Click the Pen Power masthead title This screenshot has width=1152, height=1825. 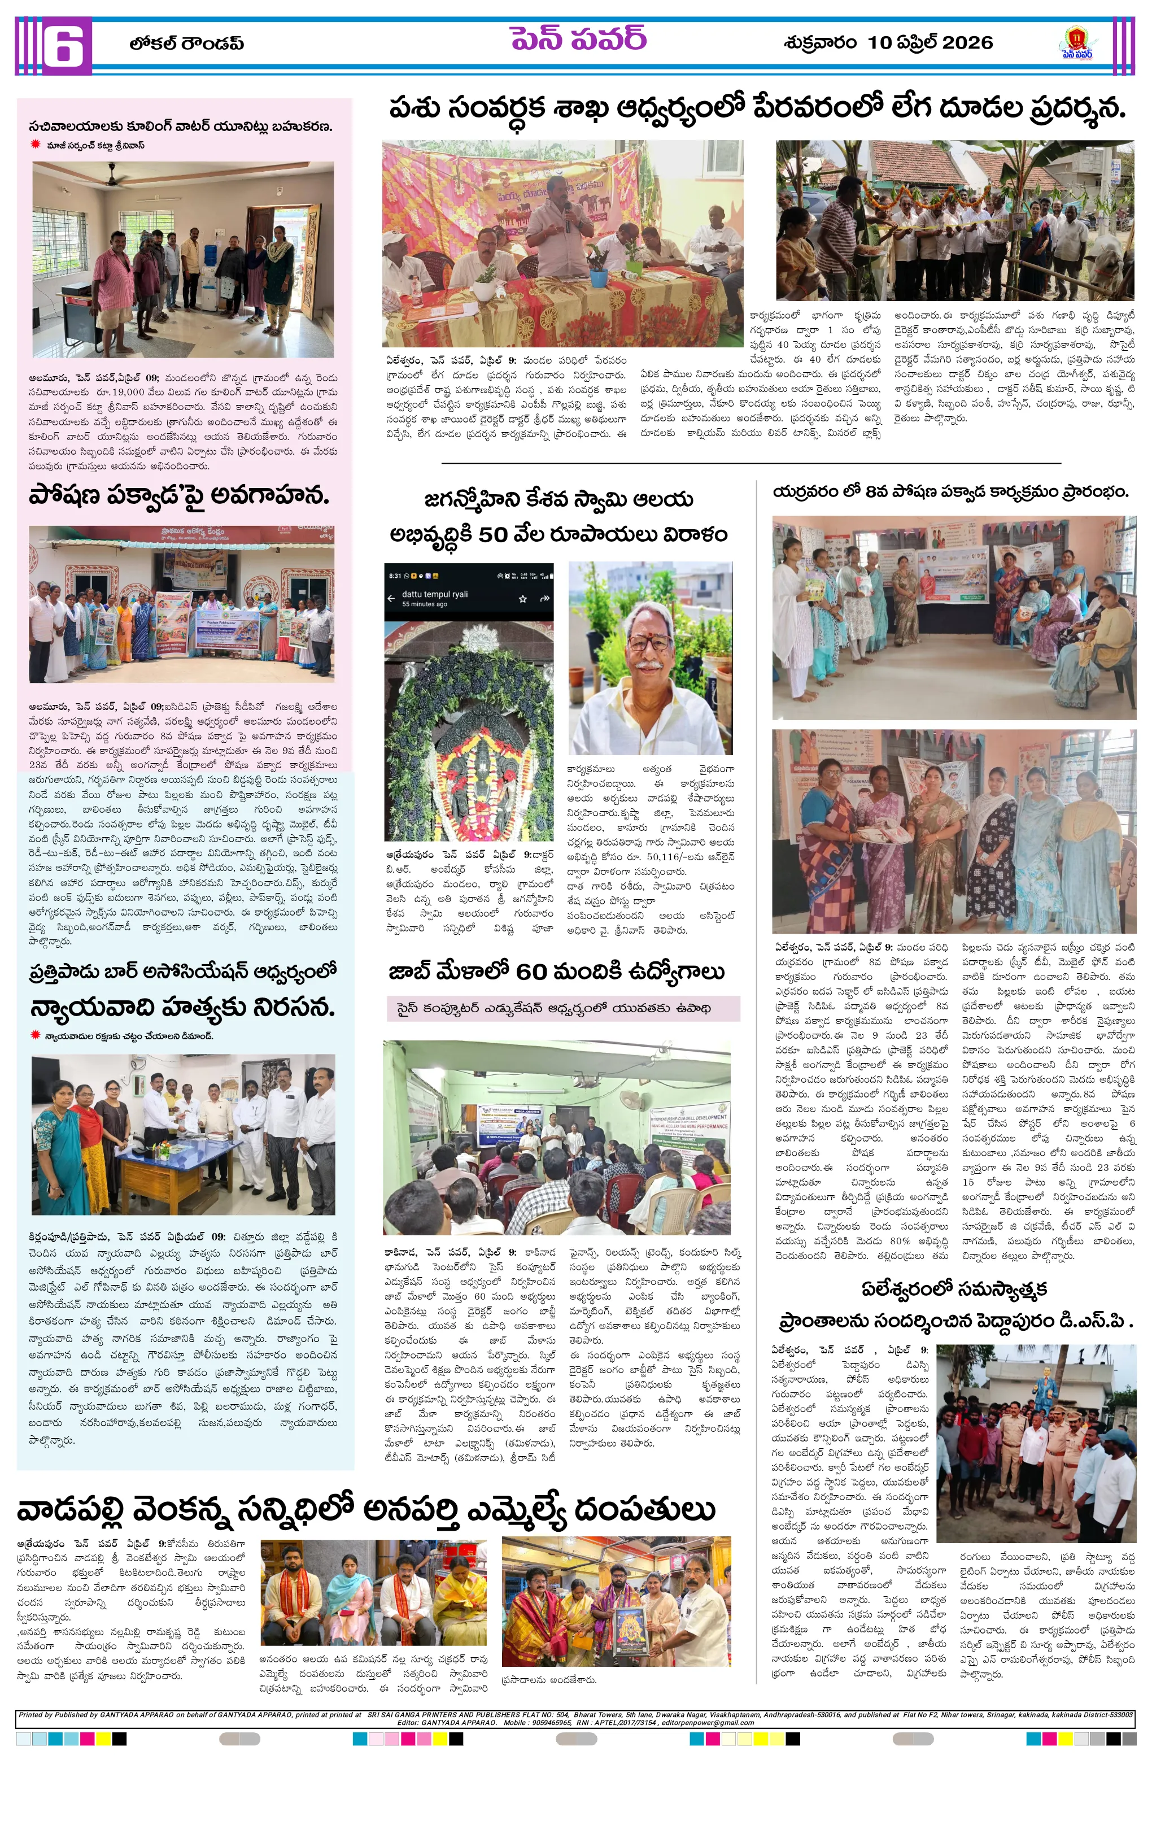pyautogui.click(x=578, y=38)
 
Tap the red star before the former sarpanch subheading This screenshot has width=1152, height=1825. pyautogui.click(x=35, y=144)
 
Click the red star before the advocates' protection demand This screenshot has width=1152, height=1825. pyautogui.click(x=35, y=1035)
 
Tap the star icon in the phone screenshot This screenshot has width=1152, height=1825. pyautogui.click(x=522, y=599)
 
